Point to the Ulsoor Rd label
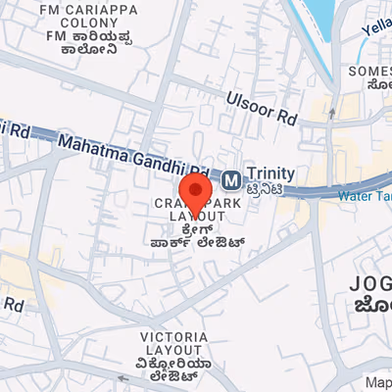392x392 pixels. [260, 107]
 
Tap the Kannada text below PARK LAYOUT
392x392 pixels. [196, 236]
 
